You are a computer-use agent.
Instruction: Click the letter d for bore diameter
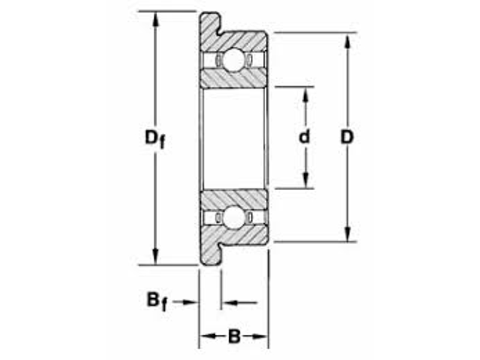(305, 137)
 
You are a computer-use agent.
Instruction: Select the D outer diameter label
(347, 137)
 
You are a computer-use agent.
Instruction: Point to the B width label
(234, 337)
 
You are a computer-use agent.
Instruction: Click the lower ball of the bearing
(233, 217)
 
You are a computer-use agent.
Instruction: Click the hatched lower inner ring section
(233, 198)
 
